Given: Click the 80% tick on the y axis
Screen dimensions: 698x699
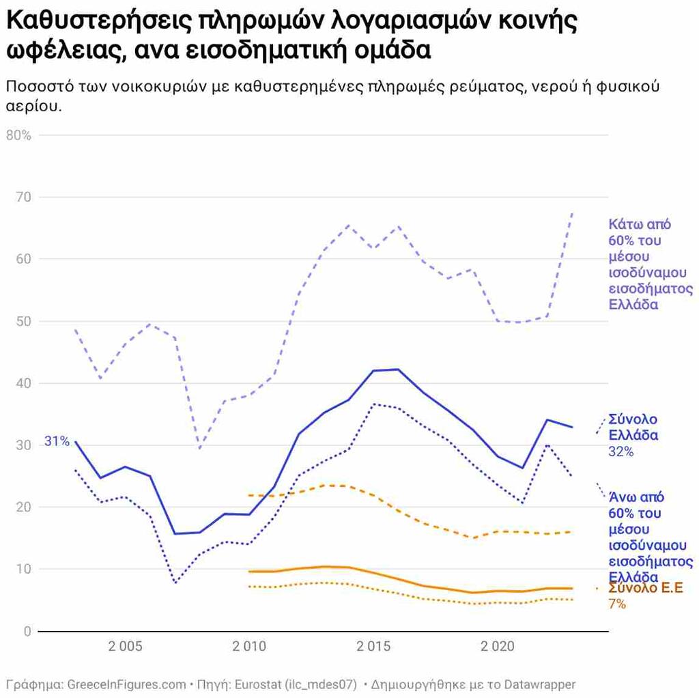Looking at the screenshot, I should [18, 135].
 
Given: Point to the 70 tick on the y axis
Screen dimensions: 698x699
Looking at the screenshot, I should [24, 197].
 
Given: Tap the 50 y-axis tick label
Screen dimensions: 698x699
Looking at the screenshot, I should [24, 321].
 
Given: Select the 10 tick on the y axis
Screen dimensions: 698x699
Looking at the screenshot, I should [24, 569].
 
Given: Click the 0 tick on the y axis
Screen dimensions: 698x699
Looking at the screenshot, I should [27, 631].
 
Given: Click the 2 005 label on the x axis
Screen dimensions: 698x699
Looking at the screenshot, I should [126, 647].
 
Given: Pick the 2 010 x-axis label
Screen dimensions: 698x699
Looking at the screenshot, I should [250, 647].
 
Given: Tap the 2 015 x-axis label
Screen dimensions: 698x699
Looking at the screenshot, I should [374, 647].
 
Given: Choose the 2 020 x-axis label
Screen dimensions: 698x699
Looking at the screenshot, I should [498, 647].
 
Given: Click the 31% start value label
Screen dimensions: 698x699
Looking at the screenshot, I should [57, 441].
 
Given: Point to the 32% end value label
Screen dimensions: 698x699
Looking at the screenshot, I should [620, 451].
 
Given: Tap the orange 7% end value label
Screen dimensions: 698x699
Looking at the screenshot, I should [617, 604].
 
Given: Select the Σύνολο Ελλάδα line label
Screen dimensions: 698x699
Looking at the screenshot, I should [633, 427].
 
